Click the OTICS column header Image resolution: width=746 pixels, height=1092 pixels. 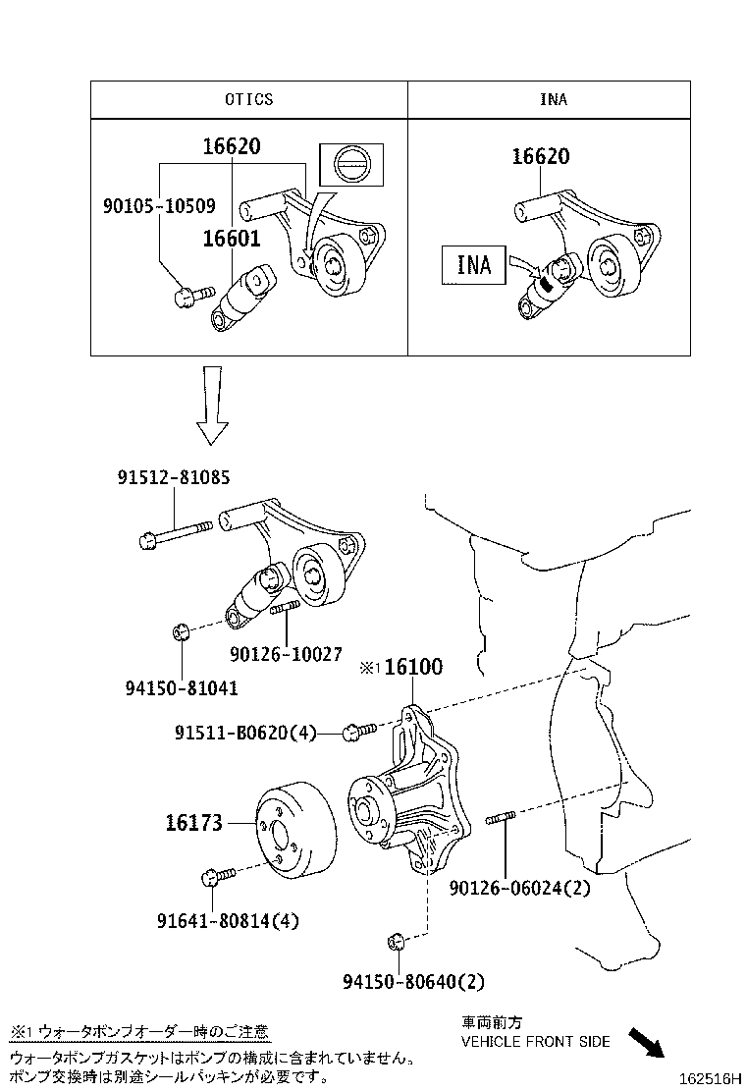[248, 99]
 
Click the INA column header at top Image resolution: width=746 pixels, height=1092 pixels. [553, 99]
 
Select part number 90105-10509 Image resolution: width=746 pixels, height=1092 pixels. [159, 207]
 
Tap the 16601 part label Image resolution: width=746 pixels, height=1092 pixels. [232, 239]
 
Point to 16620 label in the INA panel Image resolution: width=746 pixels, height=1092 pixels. [540, 157]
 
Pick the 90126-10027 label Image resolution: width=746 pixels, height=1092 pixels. [287, 652]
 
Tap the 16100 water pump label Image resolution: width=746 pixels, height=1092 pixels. [412, 667]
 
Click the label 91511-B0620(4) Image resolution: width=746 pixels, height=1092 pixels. [245, 732]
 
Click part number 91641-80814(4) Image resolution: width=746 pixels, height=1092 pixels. [228, 920]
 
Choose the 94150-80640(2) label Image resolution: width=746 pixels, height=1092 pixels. [413, 980]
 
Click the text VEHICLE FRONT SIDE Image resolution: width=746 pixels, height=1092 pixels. [535, 1041]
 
